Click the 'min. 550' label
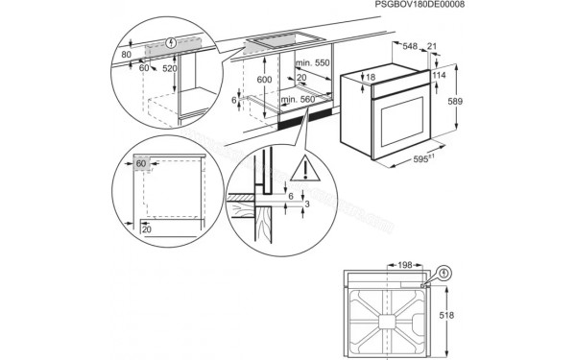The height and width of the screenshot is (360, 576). pos(313,62)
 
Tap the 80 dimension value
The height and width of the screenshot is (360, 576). pos(127,55)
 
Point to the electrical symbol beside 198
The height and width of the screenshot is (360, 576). pos(445,273)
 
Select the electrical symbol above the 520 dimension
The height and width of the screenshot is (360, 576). pos(171,43)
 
